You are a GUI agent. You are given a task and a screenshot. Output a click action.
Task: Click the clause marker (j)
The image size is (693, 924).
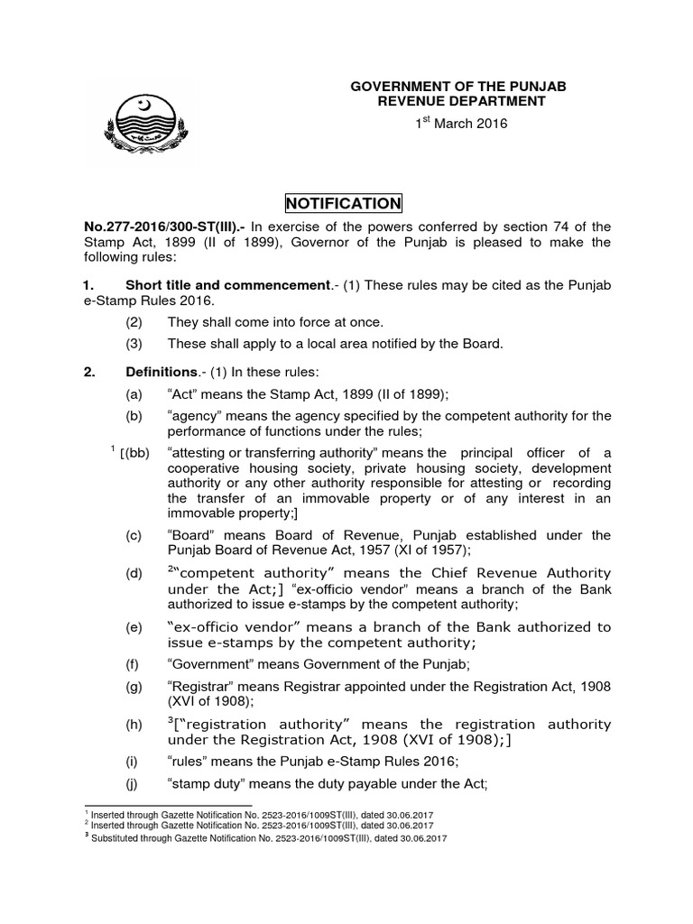(134, 783)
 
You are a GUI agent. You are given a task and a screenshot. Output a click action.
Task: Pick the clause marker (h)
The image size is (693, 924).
(134, 725)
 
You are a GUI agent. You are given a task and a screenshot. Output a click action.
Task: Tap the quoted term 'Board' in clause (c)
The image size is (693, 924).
(189, 535)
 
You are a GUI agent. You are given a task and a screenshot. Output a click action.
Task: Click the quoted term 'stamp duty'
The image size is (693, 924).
(203, 783)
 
